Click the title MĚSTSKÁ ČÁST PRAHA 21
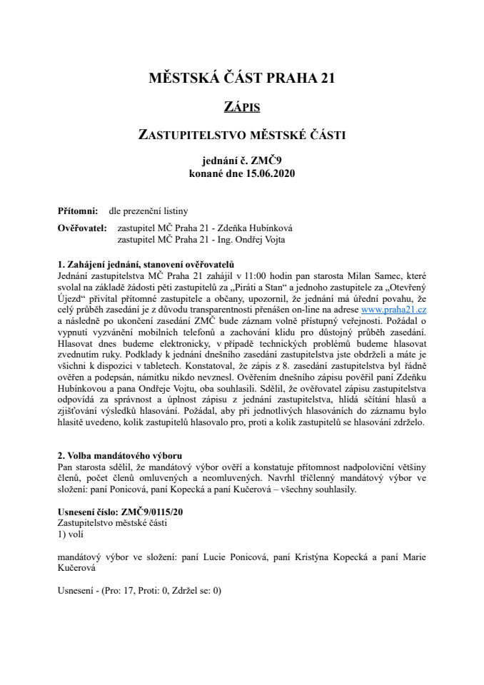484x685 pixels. coord(241,78)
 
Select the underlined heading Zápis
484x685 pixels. coord(241,107)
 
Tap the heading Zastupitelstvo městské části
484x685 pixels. coord(241,133)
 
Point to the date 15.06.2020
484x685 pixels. coord(267,173)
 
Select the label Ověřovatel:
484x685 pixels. coord(81,228)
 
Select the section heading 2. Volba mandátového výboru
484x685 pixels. coord(119,455)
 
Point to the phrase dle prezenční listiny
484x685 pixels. coord(148,210)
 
